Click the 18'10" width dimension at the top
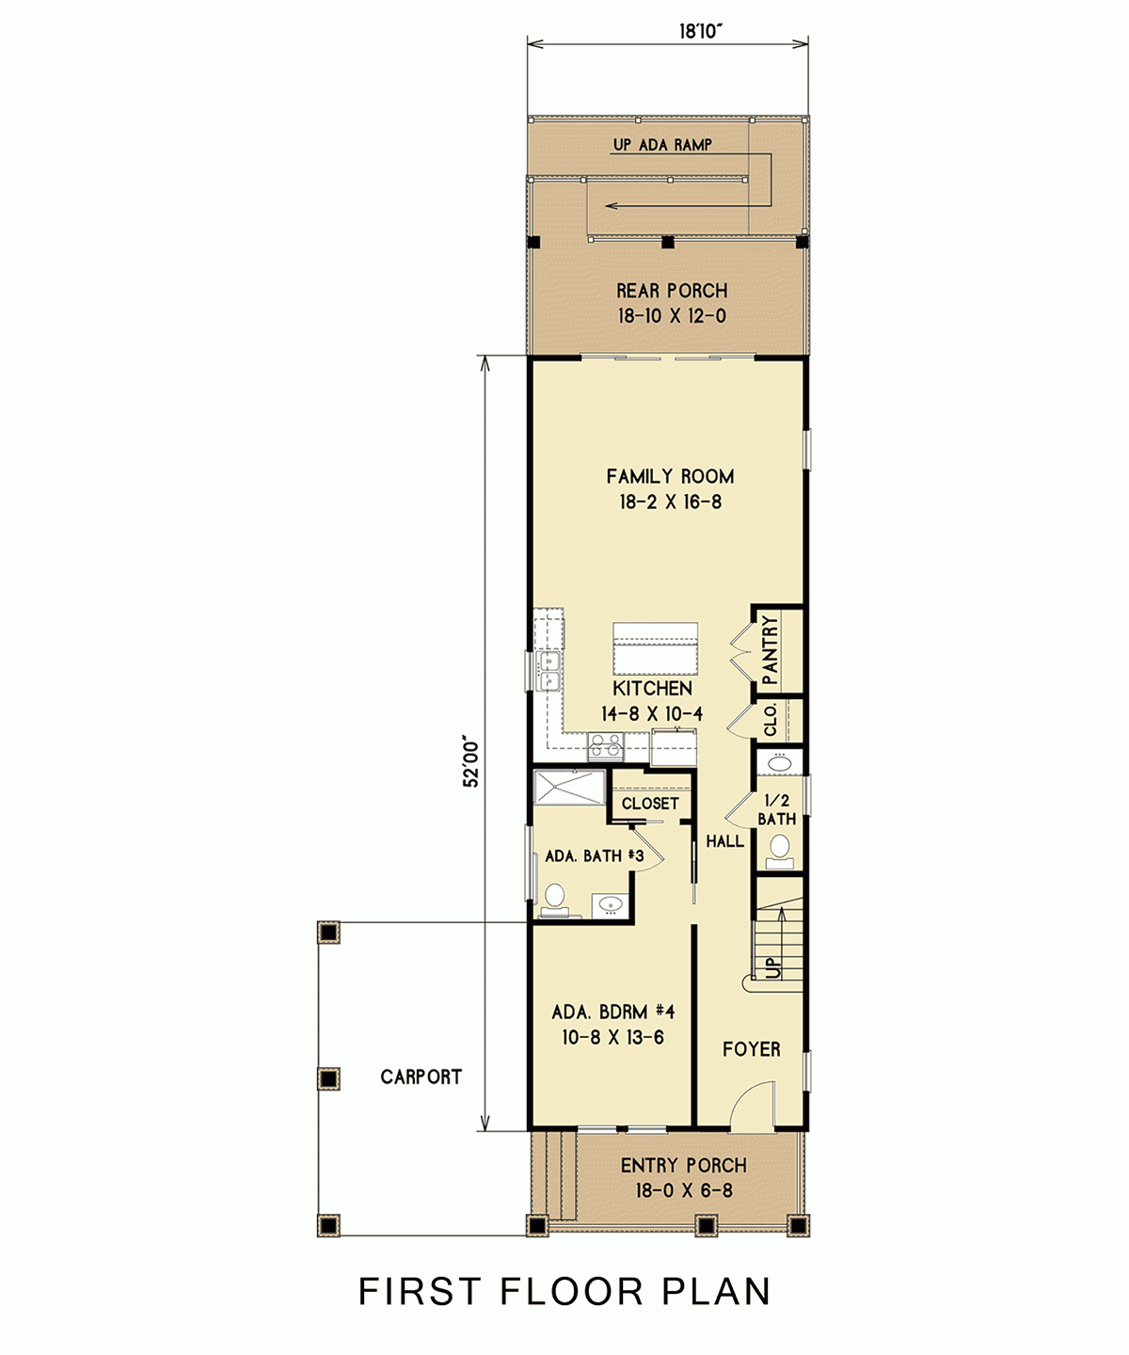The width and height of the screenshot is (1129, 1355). click(700, 32)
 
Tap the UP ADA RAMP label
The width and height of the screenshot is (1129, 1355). click(662, 145)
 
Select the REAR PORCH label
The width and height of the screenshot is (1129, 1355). click(672, 291)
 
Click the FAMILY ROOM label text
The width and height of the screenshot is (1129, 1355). click(670, 477)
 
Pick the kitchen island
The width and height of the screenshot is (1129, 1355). click(655, 648)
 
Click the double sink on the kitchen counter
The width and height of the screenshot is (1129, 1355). click(548, 672)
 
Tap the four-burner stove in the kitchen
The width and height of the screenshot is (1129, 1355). click(605, 746)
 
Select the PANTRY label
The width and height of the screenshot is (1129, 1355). click(771, 650)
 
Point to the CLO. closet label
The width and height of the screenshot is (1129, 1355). click(771, 719)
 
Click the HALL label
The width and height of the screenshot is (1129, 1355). click(724, 841)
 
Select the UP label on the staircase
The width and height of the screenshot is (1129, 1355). click(772, 966)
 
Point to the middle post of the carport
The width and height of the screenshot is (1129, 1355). click(328, 1078)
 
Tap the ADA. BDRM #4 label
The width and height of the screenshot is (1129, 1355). click(612, 1012)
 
